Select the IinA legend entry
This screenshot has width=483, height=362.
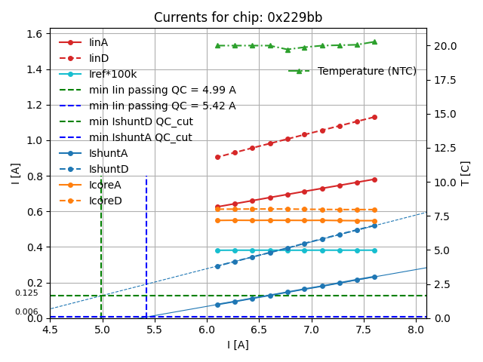pos(99,42)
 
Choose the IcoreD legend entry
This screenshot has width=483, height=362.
pos(105,201)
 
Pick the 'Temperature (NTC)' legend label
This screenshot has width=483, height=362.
pos(367,71)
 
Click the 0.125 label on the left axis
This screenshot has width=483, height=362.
pos(26,293)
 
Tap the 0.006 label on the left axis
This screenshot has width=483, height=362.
pos(26,312)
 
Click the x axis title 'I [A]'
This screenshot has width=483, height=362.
pos(238,345)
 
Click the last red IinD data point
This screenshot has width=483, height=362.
pos(374,117)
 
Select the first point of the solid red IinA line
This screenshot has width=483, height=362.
pos(217,207)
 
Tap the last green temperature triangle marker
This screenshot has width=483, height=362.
pos(374,42)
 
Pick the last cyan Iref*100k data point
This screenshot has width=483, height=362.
pos(374,250)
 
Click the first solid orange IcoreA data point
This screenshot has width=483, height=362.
pos(217,220)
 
